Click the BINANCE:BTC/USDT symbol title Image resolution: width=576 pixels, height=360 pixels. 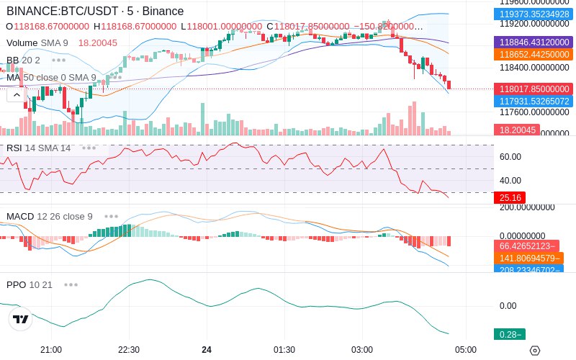click(63, 12)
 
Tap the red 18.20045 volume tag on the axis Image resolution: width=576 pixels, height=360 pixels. click(516, 130)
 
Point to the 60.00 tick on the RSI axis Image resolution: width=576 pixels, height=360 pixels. click(510, 157)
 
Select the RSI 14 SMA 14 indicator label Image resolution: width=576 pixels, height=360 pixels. click(39, 148)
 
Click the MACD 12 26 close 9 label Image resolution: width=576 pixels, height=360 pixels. click(50, 217)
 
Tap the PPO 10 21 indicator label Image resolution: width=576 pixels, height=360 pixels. click(30, 285)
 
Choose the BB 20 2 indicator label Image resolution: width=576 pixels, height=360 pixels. click(23, 60)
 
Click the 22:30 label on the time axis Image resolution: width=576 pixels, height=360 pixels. click(128, 350)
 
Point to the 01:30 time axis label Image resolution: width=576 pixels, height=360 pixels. click(284, 350)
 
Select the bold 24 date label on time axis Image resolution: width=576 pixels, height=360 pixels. click(207, 350)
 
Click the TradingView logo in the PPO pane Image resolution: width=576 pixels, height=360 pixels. click(21, 319)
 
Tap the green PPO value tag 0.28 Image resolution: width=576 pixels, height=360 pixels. click(508, 334)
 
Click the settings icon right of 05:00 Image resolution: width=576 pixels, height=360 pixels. click(534, 350)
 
